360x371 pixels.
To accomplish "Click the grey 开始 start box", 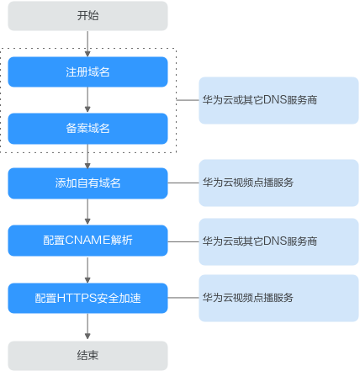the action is (x=87, y=16).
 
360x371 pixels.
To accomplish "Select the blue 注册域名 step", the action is (x=87, y=72).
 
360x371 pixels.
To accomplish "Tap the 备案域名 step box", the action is (x=87, y=129).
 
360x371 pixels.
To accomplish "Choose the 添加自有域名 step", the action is (x=87, y=183).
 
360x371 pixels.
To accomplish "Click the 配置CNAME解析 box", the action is (x=87, y=241).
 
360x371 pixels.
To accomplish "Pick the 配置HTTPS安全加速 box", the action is (x=87, y=298).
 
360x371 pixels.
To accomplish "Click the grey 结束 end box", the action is (x=87, y=356).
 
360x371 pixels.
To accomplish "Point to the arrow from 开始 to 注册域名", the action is (x=87, y=44).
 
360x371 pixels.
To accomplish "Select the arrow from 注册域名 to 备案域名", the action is (x=87, y=100).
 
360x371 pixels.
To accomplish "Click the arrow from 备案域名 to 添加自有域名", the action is (x=87, y=156).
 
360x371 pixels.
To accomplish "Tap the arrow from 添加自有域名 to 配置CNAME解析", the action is (x=87, y=212).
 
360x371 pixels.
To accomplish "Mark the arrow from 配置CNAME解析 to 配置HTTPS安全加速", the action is (x=87, y=269).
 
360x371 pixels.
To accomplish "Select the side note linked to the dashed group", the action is (x=278, y=100).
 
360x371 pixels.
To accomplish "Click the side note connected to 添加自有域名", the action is (x=278, y=183).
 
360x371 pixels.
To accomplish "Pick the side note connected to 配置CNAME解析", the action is (x=278, y=241).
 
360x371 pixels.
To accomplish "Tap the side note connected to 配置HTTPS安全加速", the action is (x=278, y=298).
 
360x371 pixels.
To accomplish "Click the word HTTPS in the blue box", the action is (x=77, y=298).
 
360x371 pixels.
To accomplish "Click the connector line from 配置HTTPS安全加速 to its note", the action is (x=183, y=298).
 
